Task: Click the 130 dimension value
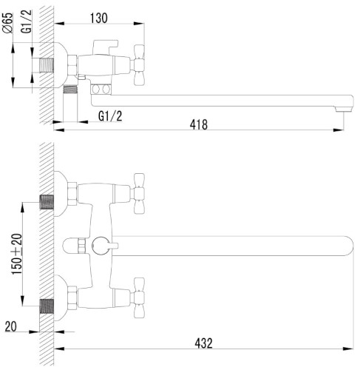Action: coord(99,18)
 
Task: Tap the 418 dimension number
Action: coord(199,124)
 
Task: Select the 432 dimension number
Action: coord(203,343)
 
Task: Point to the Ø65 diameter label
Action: coord(7,22)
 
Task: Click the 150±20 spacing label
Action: coord(17,254)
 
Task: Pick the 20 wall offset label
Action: coord(11,326)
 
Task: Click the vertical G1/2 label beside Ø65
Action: coord(27,21)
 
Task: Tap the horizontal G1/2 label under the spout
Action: coord(110,116)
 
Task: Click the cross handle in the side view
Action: coord(139,65)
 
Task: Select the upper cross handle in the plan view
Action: coord(139,193)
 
